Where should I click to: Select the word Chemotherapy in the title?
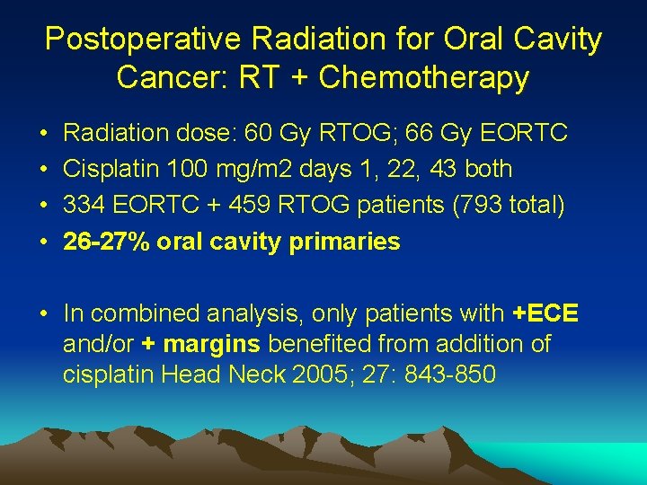423,78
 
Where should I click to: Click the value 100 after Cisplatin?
183,169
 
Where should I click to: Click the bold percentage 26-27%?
106,242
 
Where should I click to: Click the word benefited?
313,343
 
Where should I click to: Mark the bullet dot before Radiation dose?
44,134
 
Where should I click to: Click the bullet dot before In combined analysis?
44,313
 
